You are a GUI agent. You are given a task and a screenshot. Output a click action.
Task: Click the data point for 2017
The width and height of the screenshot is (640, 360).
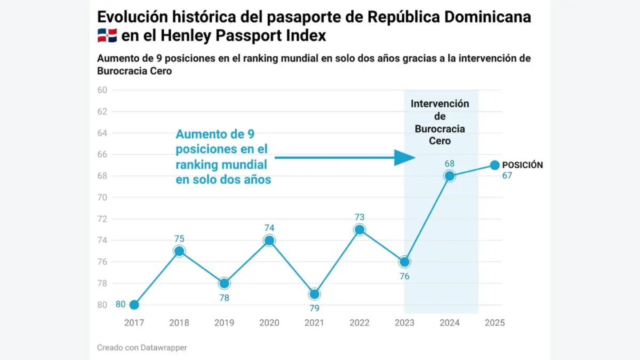coord(134,305)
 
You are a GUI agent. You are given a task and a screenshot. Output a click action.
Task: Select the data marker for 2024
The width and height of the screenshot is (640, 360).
coord(450,176)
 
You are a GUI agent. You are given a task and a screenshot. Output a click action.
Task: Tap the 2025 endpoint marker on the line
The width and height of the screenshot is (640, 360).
coord(494,165)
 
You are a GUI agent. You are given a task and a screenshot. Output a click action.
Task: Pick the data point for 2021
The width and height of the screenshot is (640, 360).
coord(314,294)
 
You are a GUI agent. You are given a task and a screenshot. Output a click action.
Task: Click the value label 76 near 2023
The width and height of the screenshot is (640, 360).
coord(404,276)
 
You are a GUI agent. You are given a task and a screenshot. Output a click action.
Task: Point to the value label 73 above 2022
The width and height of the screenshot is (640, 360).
coord(359,217)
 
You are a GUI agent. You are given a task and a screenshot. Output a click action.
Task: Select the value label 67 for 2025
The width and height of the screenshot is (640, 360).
coord(507,175)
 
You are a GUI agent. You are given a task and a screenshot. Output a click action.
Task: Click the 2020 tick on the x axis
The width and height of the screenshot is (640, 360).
coord(269,323)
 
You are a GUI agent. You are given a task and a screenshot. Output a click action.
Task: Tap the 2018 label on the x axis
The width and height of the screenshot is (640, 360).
coord(179,323)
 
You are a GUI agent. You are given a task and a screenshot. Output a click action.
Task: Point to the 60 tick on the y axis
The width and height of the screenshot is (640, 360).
coord(102,90)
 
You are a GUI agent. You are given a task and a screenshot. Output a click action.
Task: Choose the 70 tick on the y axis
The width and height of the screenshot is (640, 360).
coord(102,197)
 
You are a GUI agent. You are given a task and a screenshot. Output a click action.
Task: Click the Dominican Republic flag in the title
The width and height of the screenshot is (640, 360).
coord(107,36)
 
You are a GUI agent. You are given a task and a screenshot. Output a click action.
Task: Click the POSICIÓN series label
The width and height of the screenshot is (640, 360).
coord(523,165)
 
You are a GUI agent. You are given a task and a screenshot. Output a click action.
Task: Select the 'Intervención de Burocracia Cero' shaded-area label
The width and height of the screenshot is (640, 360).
coord(440,122)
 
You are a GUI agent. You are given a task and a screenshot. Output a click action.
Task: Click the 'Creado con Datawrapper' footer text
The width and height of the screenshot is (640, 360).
coord(142,348)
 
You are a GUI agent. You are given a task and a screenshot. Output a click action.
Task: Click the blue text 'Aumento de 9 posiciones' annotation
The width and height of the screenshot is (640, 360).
coord(223,157)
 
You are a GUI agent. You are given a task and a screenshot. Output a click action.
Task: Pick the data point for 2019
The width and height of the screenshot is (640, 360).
coord(224,283)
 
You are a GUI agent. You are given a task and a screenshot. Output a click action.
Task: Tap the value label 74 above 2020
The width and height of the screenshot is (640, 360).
coord(269,228)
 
